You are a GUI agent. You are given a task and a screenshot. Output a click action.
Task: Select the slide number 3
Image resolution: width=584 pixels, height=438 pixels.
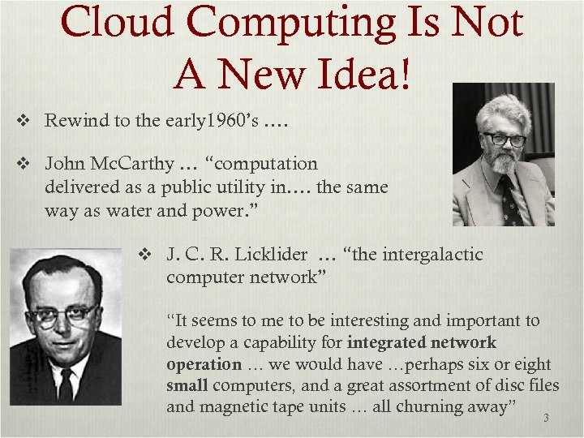(546, 419)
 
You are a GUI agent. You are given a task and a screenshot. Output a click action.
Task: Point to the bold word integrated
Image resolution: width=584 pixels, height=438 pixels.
(386, 343)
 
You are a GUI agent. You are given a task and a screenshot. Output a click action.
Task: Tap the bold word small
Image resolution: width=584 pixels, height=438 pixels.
(188, 386)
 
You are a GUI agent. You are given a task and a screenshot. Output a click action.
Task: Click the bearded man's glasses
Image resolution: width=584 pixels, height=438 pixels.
(504, 139)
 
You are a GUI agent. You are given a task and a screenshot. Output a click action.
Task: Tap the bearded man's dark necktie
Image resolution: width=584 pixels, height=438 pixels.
(509, 199)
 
